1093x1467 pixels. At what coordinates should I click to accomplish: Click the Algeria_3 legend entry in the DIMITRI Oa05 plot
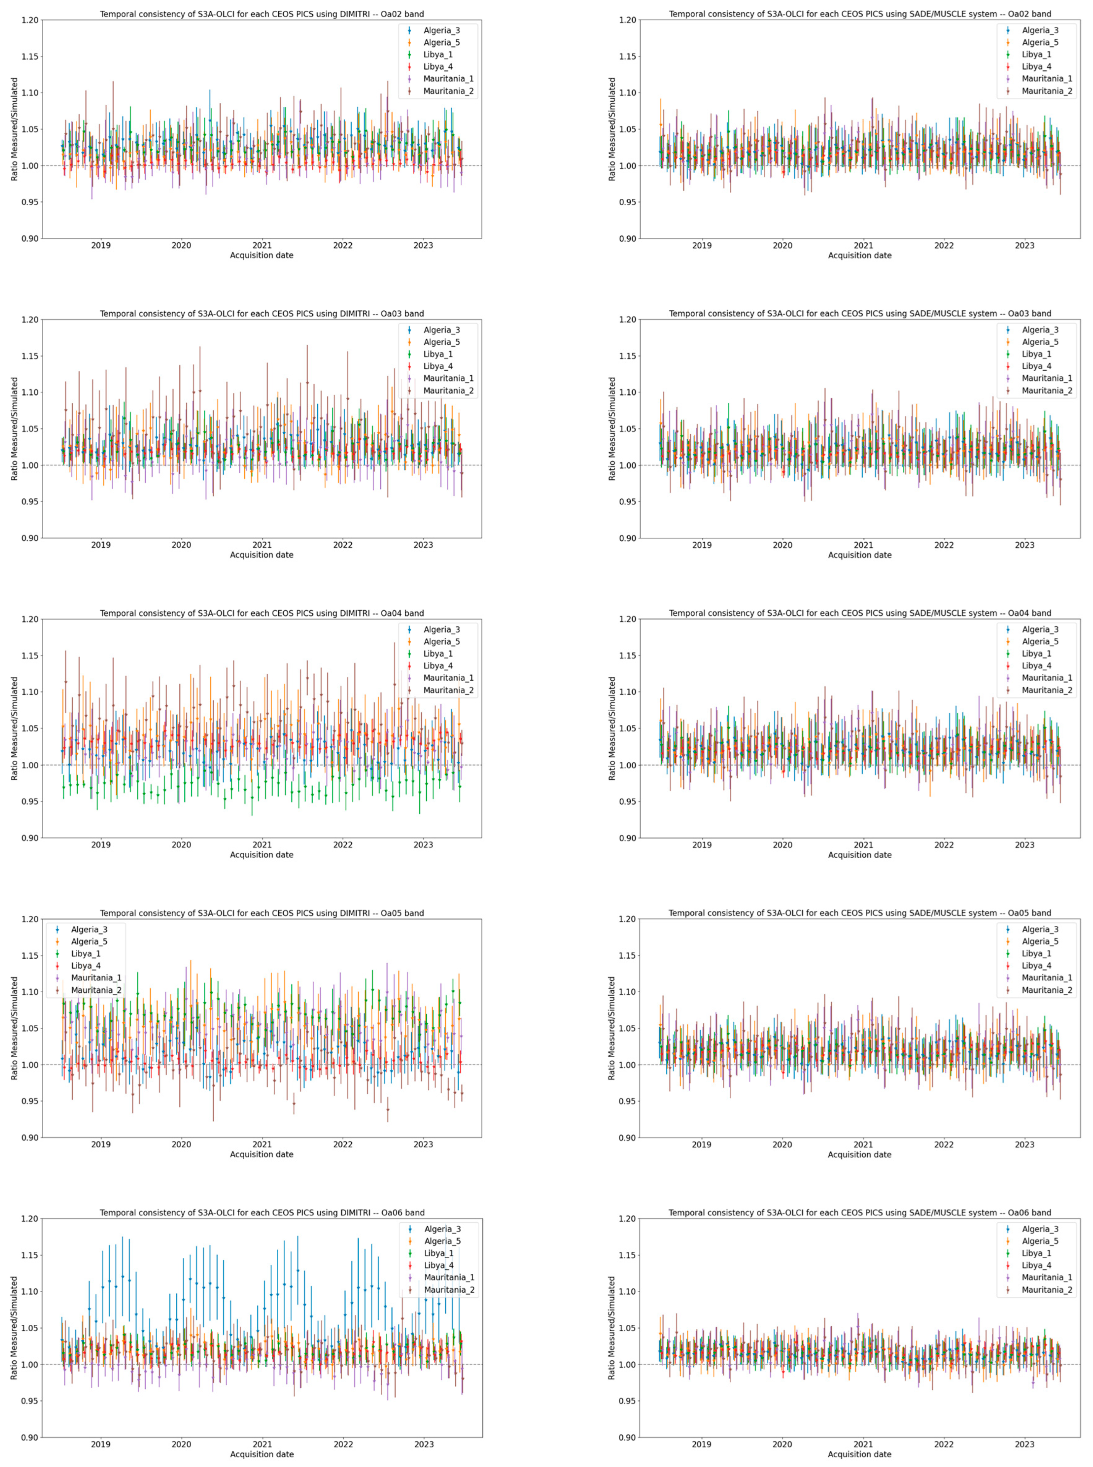(x=89, y=930)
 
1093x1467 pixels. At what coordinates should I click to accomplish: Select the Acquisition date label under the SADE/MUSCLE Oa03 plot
(x=860, y=555)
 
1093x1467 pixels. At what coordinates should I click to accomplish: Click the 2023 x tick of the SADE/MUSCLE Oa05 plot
(x=1024, y=1144)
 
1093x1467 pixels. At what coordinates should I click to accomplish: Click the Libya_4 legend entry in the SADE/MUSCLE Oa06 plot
(x=1036, y=1265)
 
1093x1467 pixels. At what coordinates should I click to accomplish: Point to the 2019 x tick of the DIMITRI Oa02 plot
(x=100, y=245)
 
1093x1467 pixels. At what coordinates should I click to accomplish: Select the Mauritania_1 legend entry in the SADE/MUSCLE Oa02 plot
(x=1047, y=79)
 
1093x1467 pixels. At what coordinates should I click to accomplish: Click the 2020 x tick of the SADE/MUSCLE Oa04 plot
(x=782, y=845)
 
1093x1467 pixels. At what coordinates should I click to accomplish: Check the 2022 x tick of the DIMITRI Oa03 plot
(x=343, y=545)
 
